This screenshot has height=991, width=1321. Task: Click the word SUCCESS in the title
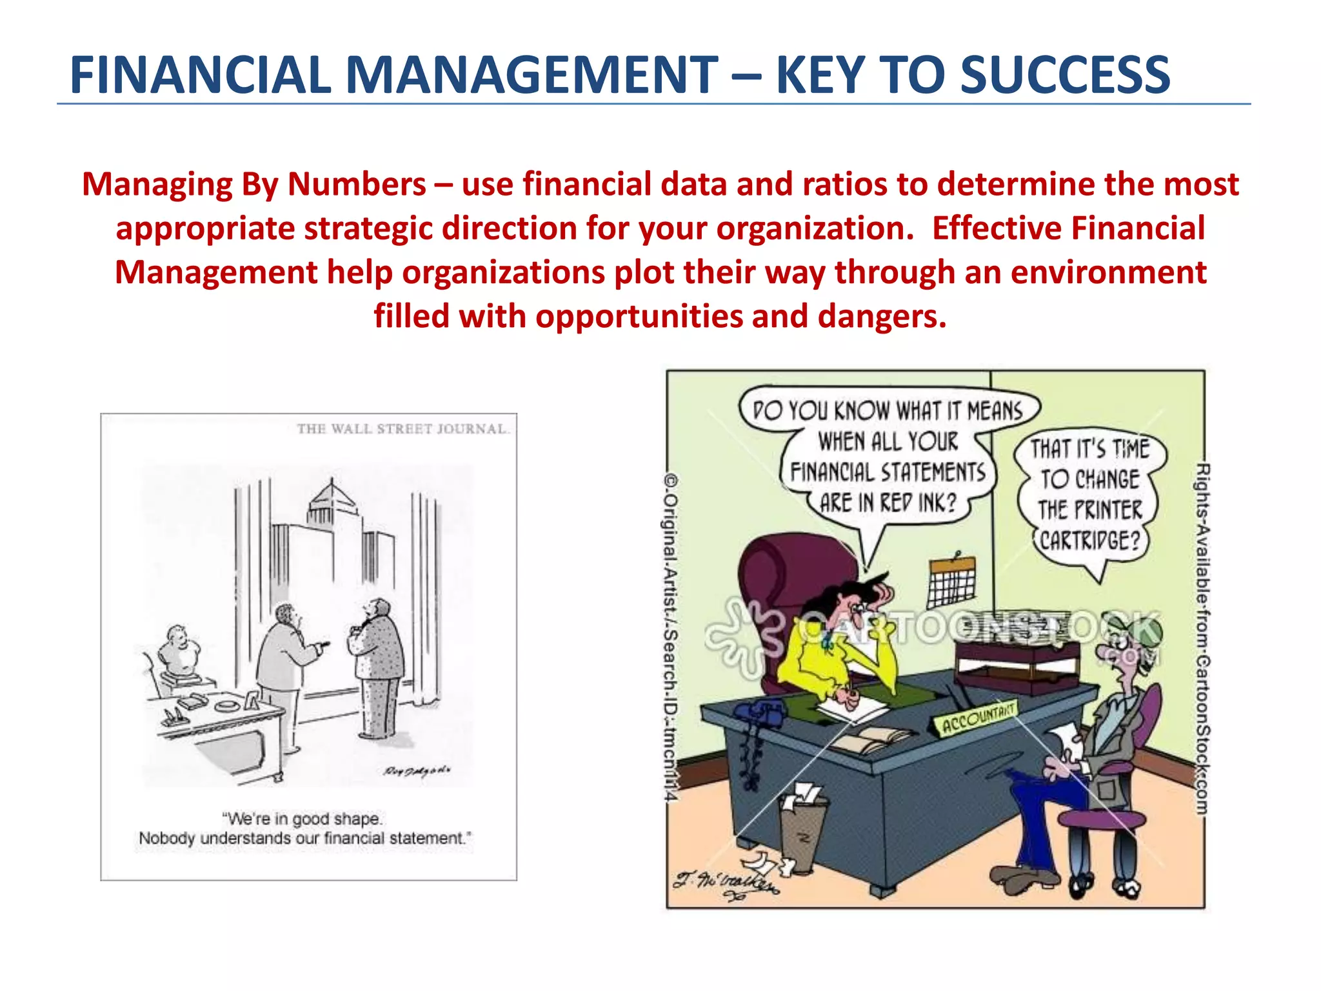tap(1064, 75)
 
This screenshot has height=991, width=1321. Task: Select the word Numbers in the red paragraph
tap(357, 185)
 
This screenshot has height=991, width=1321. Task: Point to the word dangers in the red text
tap(881, 317)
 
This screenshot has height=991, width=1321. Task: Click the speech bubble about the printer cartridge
tap(1089, 494)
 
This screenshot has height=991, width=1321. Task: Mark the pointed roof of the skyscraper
tap(332, 494)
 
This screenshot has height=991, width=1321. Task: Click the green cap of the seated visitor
tap(1142, 629)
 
